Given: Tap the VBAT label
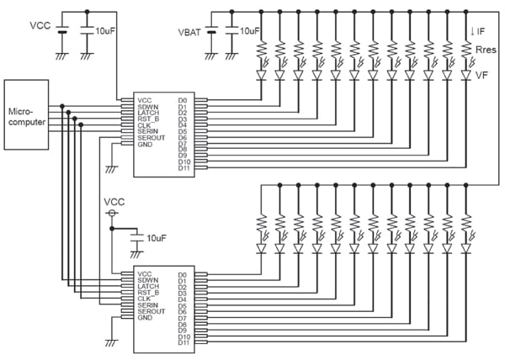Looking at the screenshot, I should tap(190, 32).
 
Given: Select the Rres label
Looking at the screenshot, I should tap(483, 50).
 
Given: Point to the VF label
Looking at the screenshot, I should tap(483, 74).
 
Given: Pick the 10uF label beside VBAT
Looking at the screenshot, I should tap(250, 32).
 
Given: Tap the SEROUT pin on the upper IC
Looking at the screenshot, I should tap(152, 138).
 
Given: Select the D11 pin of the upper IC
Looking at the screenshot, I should tap(184, 167).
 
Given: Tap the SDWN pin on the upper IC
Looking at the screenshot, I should tap(149, 106).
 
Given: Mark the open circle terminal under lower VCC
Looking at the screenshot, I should tap(112, 215).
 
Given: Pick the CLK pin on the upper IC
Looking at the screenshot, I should tap(146, 125).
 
